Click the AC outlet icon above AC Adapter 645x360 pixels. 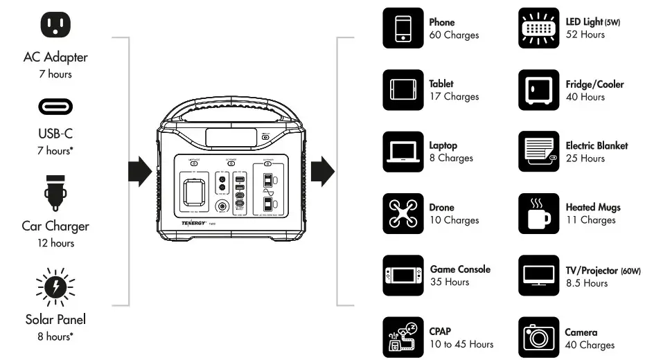click(55, 26)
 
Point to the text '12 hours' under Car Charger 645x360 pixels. click(55, 244)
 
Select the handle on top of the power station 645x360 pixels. click(230, 111)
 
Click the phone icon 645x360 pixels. click(403, 28)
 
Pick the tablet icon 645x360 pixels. click(403, 90)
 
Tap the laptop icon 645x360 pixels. click(403, 152)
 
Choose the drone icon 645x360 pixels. click(403, 213)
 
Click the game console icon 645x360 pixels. click(403, 276)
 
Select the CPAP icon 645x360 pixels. click(403, 337)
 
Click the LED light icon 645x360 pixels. click(538, 28)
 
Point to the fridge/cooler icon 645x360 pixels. click(538, 90)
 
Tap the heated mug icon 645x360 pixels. click(538, 213)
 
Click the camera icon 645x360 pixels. click(538, 337)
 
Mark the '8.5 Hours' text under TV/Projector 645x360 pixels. click(586, 283)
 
